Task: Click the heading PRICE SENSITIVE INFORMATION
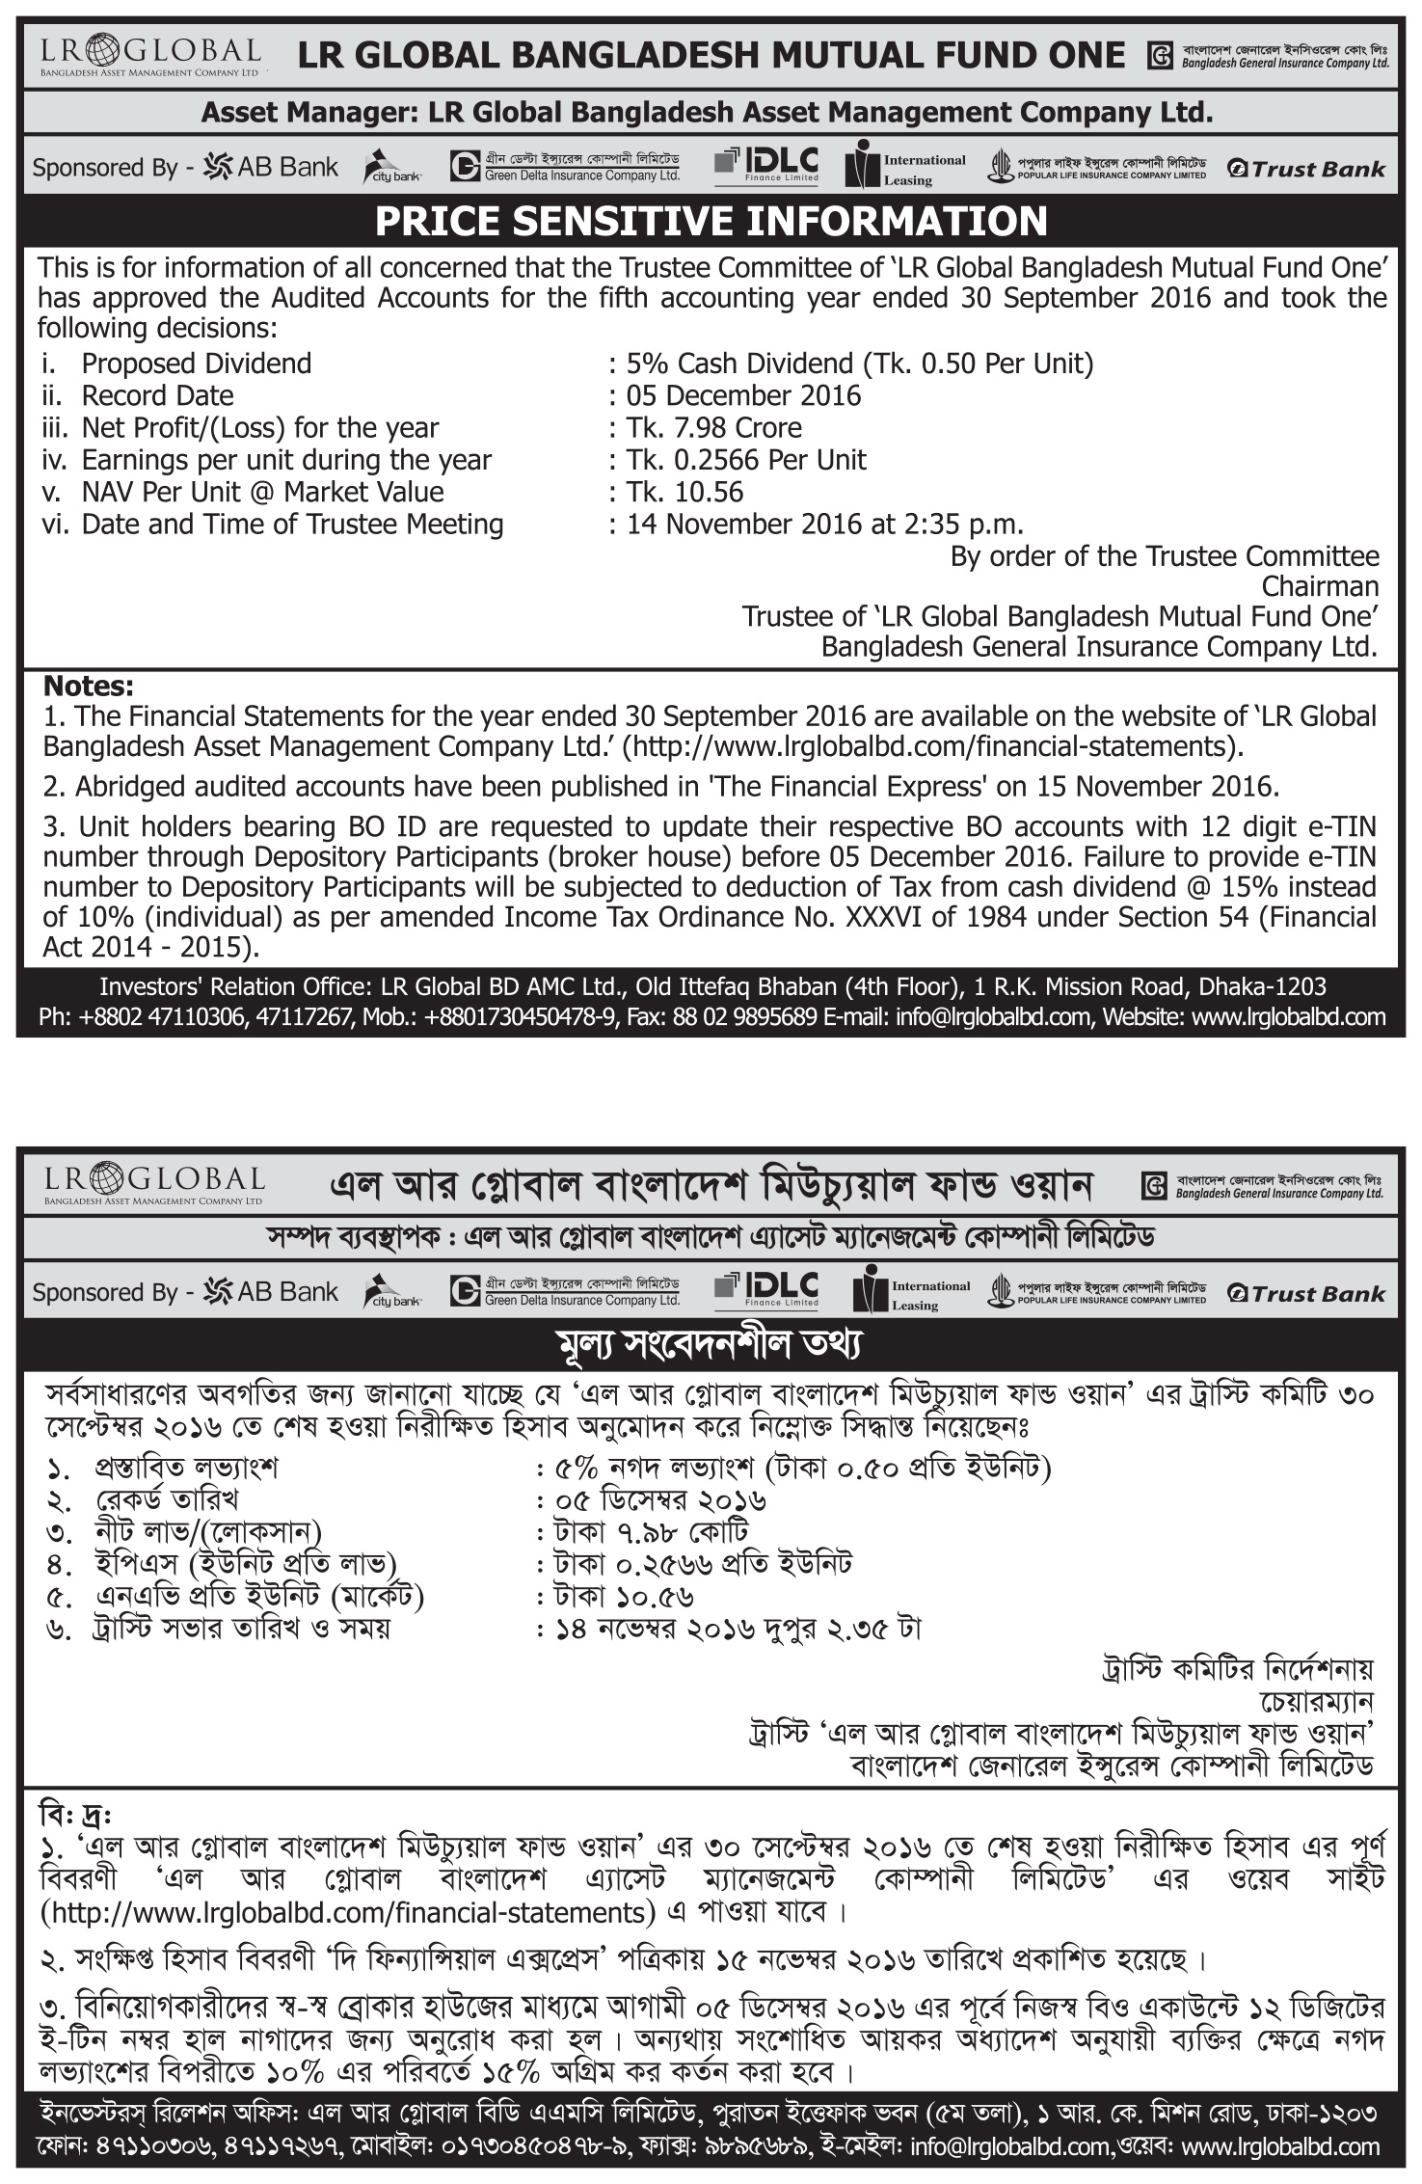coord(711,221)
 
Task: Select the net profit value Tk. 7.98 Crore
coord(713,427)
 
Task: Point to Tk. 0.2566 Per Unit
coord(746,460)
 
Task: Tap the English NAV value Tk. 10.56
coord(684,492)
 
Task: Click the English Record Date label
coord(157,395)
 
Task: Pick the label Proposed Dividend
coord(196,364)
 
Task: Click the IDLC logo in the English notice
coord(766,166)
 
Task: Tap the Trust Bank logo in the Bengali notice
coord(1306,1293)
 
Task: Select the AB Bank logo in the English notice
coord(271,168)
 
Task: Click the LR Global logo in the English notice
coord(150,54)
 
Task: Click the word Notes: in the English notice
coord(89,687)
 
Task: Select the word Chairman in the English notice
coord(1320,586)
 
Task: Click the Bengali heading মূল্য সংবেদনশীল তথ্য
coord(711,1344)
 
